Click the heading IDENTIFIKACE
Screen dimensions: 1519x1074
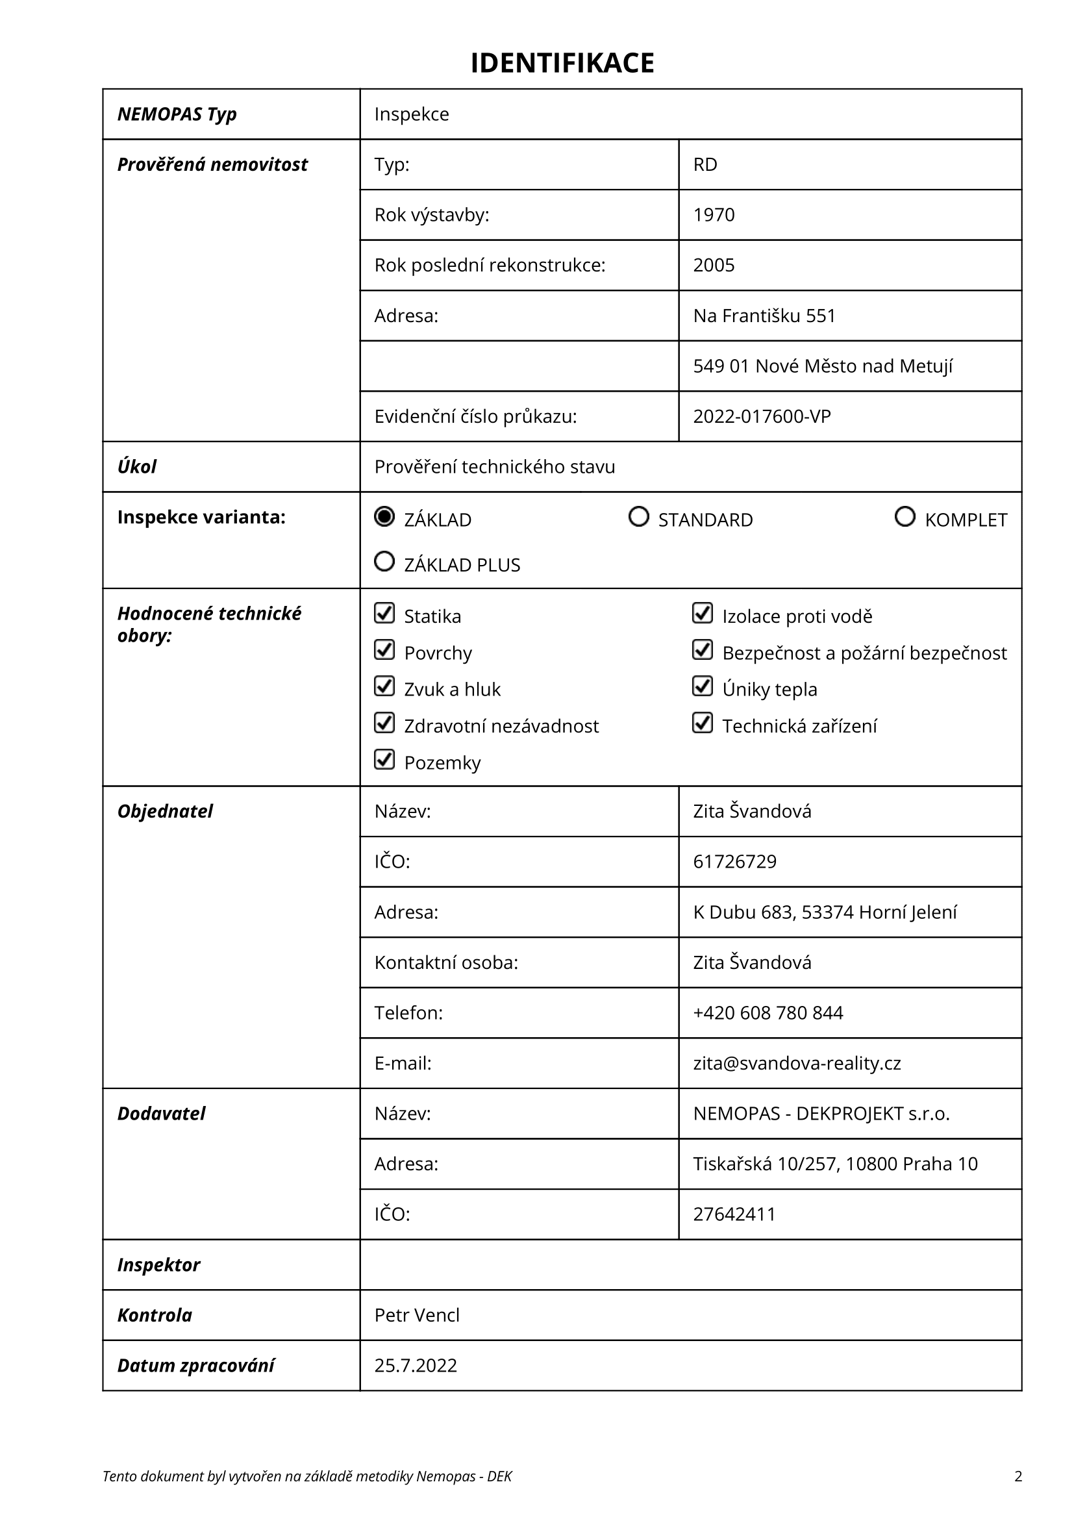tap(562, 63)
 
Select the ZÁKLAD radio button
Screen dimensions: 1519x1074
tap(384, 516)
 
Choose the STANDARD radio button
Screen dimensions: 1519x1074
tap(638, 516)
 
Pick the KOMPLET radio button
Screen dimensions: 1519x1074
tap(905, 516)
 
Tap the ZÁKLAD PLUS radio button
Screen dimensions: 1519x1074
tap(384, 562)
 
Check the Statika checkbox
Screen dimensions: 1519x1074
tap(384, 613)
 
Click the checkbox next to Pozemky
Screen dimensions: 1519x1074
tap(384, 760)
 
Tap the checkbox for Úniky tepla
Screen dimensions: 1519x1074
tap(703, 686)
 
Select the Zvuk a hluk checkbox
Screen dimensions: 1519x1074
tap(384, 686)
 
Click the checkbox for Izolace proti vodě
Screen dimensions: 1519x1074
tap(703, 613)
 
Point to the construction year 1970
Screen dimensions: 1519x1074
tap(714, 215)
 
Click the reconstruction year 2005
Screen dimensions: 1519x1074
tap(714, 266)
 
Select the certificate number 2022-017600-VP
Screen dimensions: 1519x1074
tap(762, 417)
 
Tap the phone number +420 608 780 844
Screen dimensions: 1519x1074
tap(768, 1013)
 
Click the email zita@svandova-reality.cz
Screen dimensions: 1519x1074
tap(797, 1063)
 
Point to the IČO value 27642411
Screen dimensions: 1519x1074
tap(734, 1214)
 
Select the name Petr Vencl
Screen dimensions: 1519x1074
tap(417, 1315)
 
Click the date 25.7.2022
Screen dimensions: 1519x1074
tap(416, 1366)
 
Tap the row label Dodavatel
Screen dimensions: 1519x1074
tap(162, 1114)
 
